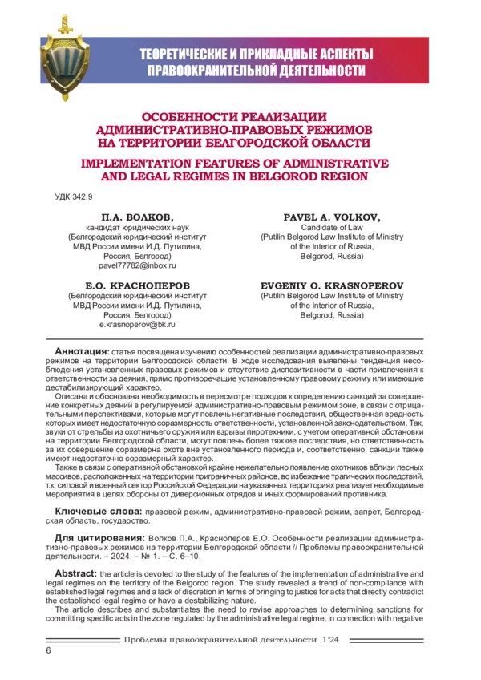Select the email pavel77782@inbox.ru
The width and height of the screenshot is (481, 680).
[137, 265]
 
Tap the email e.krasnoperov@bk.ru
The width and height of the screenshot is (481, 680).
[137, 325]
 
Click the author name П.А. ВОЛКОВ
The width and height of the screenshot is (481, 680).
[137, 217]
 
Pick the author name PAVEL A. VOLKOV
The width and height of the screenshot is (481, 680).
[332, 217]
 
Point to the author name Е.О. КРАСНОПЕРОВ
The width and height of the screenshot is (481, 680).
[137, 285]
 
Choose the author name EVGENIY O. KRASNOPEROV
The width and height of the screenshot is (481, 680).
[332, 285]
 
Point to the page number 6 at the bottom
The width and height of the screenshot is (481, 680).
[49, 650]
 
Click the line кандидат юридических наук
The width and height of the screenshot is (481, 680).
[137, 229]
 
